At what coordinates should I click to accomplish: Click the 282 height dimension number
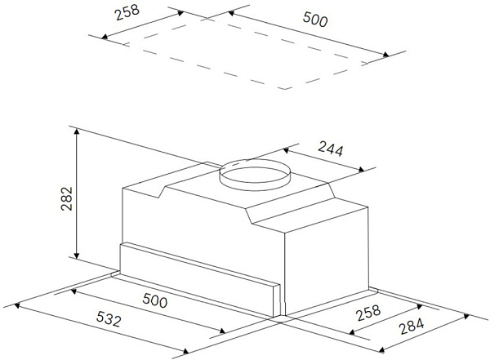click(67, 198)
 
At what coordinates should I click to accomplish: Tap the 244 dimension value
click(331, 149)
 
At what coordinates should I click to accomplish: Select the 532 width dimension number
click(109, 318)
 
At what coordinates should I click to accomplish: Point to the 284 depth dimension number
click(412, 326)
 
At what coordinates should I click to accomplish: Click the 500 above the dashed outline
click(315, 19)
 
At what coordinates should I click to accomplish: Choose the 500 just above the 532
click(155, 300)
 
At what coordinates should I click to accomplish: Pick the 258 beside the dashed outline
click(127, 12)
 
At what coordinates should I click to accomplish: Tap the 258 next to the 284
click(369, 313)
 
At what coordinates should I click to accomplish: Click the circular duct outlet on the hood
click(255, 175)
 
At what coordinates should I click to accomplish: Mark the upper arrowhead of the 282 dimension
click(77, 131)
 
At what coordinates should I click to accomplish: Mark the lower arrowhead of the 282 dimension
click(77, 256)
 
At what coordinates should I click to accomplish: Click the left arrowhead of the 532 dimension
click(17, 305)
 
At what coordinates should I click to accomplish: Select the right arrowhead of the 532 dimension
click(185, 352)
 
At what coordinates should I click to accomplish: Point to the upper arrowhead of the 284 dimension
click(466, 317)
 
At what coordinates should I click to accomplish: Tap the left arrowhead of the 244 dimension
click(286, 151)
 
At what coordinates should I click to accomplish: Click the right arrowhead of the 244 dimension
click(361, 170)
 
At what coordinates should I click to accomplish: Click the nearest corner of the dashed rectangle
click(284, 89)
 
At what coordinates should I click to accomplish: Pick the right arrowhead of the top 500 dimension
click(386, 55)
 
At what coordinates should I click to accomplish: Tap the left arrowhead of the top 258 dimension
click(105, 37)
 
